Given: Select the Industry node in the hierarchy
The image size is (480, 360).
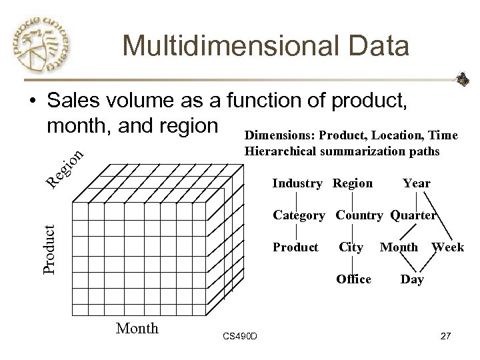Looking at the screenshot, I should (297, 183).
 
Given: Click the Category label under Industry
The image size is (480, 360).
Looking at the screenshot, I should (299, 215).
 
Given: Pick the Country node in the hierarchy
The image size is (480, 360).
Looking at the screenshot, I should (360, 215).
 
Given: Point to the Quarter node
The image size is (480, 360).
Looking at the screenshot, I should (413, 215).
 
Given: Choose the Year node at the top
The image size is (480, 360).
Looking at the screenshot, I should (417, 183).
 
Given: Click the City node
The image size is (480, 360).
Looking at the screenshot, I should (351, 247).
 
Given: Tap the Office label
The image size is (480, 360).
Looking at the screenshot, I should (354, 279).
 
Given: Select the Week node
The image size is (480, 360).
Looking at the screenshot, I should (447, 247).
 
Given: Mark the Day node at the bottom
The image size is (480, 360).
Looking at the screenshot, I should (411, 279).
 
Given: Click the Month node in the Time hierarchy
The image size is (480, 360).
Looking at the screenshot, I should (399, 247).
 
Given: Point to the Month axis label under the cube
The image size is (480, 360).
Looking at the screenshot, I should (137, 327).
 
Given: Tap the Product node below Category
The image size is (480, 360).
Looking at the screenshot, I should (295, 247).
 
